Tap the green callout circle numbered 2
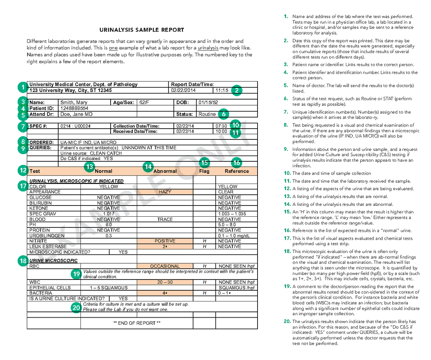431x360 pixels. tap(237, 91)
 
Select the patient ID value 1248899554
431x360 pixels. tap(75, 108)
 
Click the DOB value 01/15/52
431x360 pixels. tap(208, 102)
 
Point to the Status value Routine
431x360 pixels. tap(207, 114)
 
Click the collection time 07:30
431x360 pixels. tap(221, 126)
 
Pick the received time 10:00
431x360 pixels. tap(221, 131)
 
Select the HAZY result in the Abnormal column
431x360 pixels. tap(165, 192)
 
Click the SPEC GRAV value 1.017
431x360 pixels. tap(108, 214)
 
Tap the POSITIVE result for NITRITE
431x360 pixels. tap(165, 241)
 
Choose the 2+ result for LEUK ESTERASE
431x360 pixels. tap(165, 246)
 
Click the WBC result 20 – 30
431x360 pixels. tap(165, 282)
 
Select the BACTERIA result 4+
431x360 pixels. tap(165, 293)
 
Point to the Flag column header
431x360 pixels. tap(204, 171)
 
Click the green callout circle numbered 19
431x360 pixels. tap(76, 274)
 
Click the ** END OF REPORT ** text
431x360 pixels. tap(137, 323)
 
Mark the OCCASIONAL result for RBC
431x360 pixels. tap(165, 266)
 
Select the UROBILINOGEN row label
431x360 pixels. tap(47, 236)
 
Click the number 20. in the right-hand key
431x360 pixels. tap(287, 322)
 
